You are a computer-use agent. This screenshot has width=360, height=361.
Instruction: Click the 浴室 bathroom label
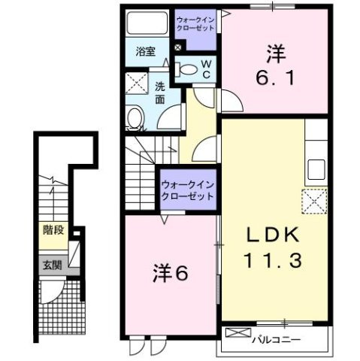click(145, 52)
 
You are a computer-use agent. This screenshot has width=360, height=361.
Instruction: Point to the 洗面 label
click(160, 91)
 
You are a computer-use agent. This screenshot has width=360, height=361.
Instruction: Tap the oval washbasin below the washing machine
click(135, 118)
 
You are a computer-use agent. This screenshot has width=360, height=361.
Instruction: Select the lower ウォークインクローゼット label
click(187, 188)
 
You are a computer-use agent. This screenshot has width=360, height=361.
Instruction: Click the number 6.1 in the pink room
click(277, 76)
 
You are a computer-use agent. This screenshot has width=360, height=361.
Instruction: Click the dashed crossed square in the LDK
click(313, 202)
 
